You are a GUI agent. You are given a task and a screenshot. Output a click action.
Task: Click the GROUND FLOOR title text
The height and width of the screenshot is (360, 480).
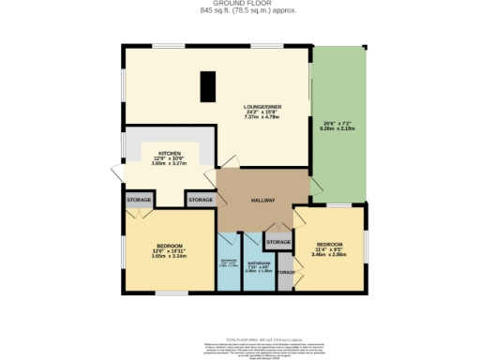pyautogui.click(x=240, y=4)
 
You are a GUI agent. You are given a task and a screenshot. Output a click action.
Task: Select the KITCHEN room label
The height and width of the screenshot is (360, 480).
pyautogui.click(x=170, y=153)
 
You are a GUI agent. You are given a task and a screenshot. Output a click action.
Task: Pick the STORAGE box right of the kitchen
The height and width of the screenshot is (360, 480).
pyautogui.click(x=200, y=200)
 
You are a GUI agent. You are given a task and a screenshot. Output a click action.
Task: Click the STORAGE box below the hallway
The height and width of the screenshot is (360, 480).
pyautogui.click(x=278, y=243)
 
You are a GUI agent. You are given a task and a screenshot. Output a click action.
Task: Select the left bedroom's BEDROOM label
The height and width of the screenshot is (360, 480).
pyautogui.click(x=169, y=244)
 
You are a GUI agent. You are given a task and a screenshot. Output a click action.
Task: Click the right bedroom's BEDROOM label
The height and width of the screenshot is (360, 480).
pyautogui.click(x=330, y=243)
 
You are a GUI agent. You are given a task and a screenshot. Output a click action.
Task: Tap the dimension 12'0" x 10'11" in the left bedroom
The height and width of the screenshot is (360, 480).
pyautogui.click(x=169, y=249)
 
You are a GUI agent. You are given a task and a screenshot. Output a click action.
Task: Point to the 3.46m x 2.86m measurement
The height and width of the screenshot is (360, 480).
pyautogui.click(x=330, y=255)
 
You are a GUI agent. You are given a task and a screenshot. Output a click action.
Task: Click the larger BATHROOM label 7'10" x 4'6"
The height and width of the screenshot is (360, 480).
pyautogui.click(x=259, y=264)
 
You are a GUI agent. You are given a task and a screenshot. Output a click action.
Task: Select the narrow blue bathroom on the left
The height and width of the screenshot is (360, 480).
pyautogui.click(x=229, y=262)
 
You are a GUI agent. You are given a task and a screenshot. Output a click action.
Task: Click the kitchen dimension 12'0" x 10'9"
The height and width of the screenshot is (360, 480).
pyautogui.click(x=170, y=158)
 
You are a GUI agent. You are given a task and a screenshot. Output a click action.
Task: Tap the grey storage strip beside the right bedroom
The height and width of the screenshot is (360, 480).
pyautogui.click(x=285, y=274)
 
